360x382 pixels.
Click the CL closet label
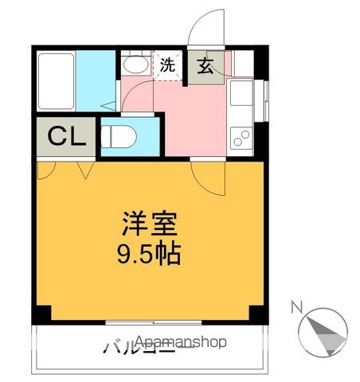click(66, 138)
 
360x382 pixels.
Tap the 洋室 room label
click(148, 224)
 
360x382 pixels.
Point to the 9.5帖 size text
click(149, 255)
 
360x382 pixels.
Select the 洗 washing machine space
click(168, 66)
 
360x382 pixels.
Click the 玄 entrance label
click(205, 67)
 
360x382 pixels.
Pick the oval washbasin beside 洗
click(135, 64)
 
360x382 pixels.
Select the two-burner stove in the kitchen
click(241, 136)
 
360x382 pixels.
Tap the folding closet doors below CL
click(68, 169)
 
